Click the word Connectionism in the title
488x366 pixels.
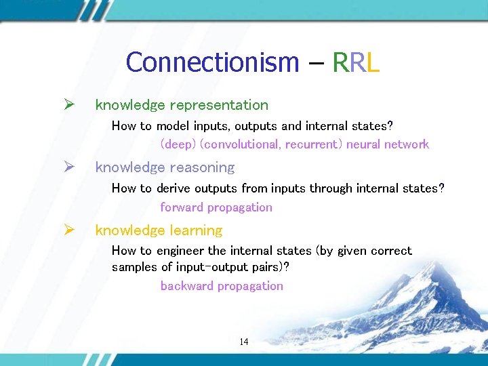point(212,62)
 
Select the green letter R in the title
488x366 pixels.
point(340,62)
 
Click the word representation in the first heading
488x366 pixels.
point(219,105)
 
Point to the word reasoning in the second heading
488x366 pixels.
point(202,167)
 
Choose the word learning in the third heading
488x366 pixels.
point(196,230)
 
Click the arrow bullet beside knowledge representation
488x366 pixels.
point(68,105)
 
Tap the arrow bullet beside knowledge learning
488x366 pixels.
point(68,230)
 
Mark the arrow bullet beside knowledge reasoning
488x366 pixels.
point(68,167)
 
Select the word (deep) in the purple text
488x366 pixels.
point(178,144)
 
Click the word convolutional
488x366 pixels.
point(241,144)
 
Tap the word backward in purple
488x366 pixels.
point(186,286)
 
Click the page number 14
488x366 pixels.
point(243,342)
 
